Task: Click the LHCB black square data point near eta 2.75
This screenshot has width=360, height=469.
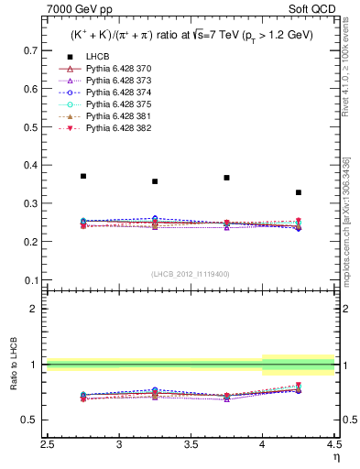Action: tap(83, 176)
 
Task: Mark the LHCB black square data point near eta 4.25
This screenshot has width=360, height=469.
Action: tap(299, 192)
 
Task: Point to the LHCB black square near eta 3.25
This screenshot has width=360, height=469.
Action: tap(155, 181)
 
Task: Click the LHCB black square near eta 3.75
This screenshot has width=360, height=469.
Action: tap(226, 178)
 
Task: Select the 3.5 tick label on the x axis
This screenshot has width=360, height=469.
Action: tap(191, 444)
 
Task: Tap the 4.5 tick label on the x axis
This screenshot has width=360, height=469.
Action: tap(333, 444)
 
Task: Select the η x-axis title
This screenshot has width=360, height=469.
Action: tap(335, 456)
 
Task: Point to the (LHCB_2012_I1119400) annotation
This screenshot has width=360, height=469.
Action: tap(191, 274)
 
